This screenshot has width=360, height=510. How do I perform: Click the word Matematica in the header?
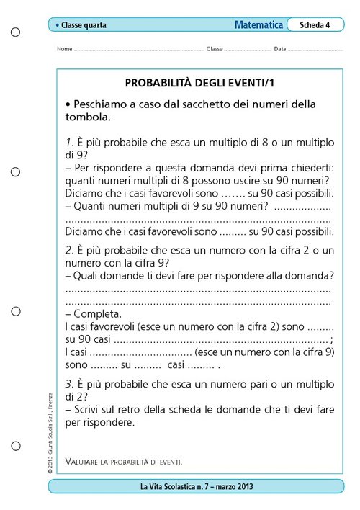(x=258, y=24)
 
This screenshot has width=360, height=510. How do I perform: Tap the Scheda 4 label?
(x=315, y=24)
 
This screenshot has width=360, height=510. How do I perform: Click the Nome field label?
(x=63, y=49)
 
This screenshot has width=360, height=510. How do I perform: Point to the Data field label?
(x=279, y=49)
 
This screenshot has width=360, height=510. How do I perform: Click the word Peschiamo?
(x=101, y=104)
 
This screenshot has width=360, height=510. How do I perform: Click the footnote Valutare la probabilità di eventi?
(x=123, y=460)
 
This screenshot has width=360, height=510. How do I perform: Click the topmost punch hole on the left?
(x=16, y=32)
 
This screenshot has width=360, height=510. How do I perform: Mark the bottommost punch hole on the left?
(x=16, y=452)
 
